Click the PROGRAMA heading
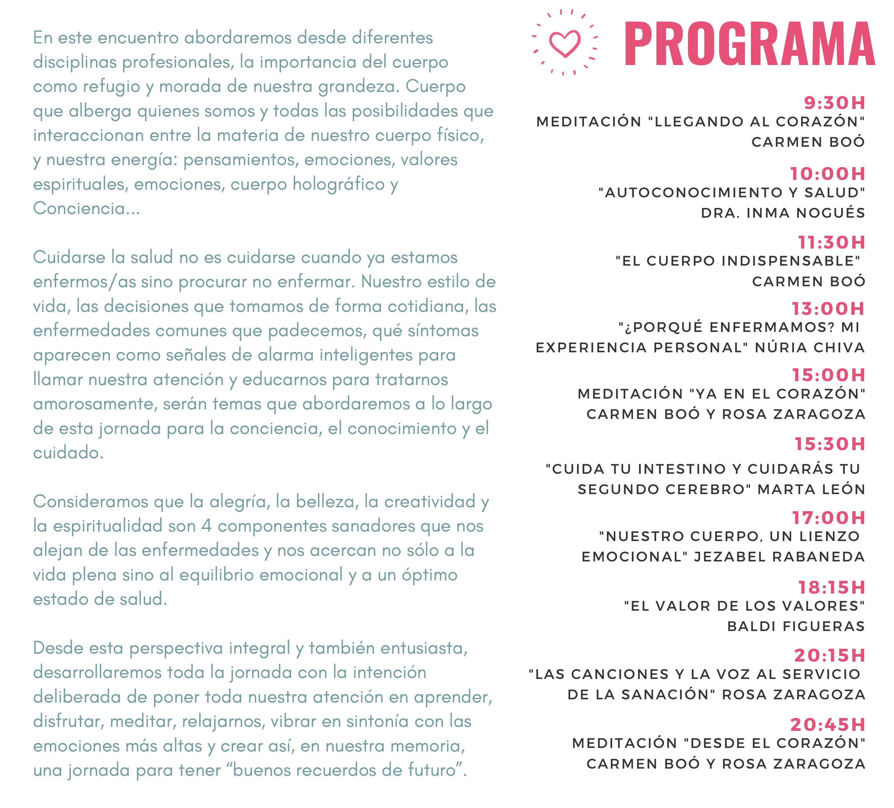pyautogui.click(x=749, y=44)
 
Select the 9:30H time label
pyautogui.click(x=834, y=103)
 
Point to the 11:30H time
pyautogui.click(x=831, y=242)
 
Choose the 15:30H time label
pyautogui.click(x=829, y=444)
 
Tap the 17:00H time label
pyautogui.click(x=828, y=517)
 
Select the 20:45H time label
pyautogui.click(x=827, y=725)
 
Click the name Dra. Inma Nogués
pyautogui.click(x=783, y=213)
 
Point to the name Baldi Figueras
pyautogui.click(x=796, y=626)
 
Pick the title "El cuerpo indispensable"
pyautogui.click(x=738, y=261)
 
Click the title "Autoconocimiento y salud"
pyautogui.click(x=731, y=193)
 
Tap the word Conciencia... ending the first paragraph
pyautogui.click(x=87, y=208)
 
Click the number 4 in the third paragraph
pyautogui.click(x=206, y=526)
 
